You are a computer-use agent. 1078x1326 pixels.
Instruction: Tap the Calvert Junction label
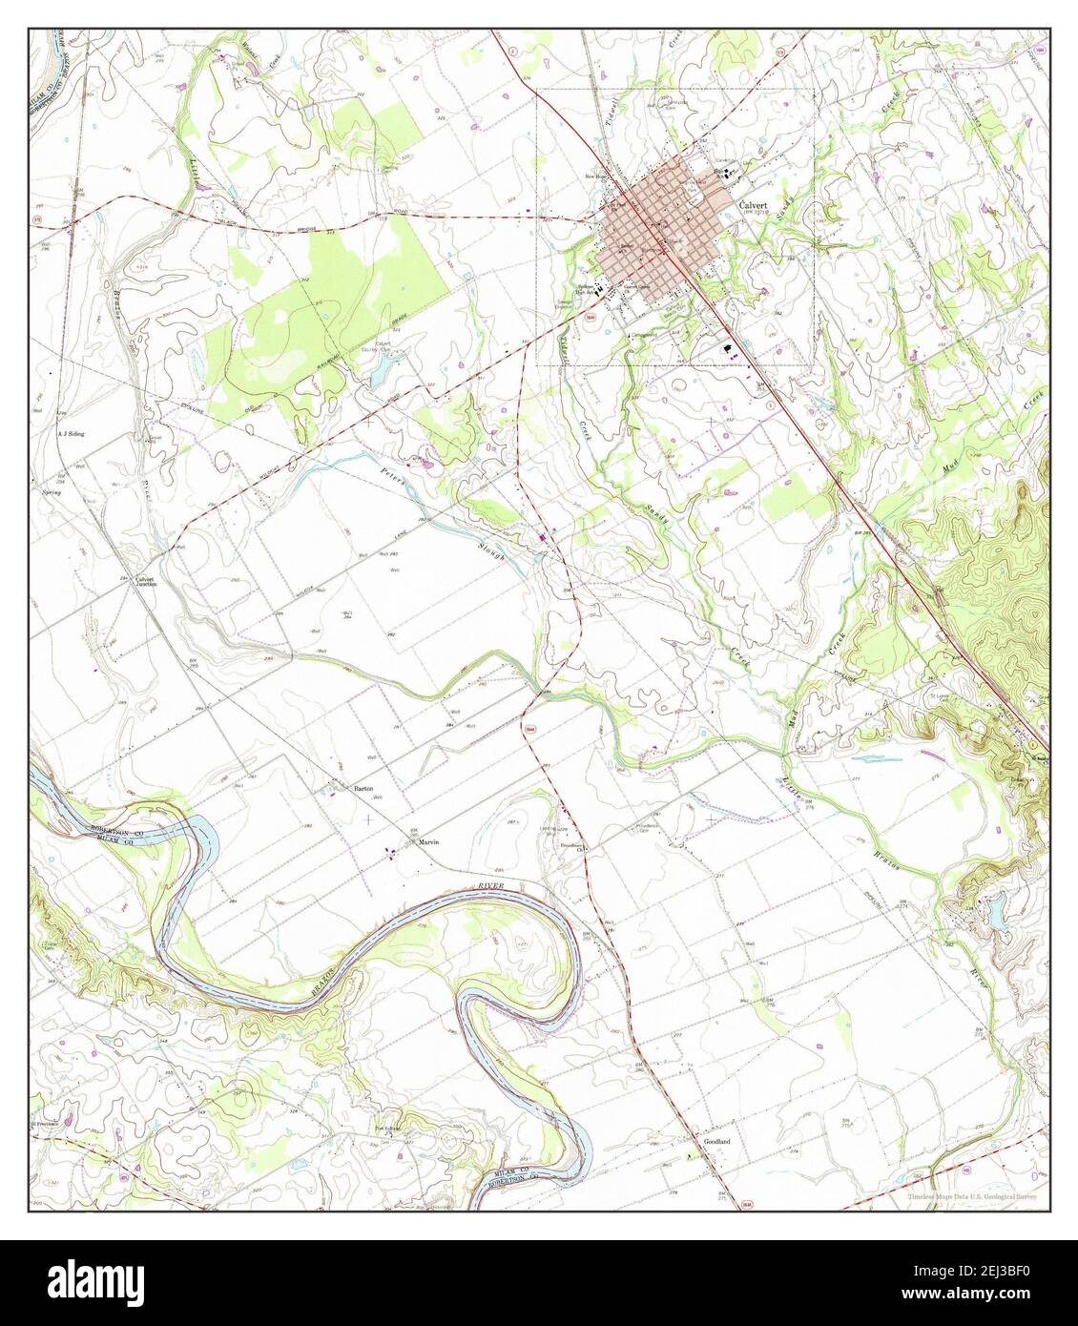144,582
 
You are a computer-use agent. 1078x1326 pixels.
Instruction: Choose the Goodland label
716,1142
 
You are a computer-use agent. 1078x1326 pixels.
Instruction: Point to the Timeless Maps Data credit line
972,1195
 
